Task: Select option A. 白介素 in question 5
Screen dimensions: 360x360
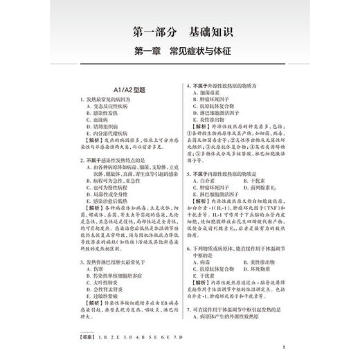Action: pos(206,182)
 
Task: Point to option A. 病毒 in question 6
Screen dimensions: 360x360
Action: pos(204,264)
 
